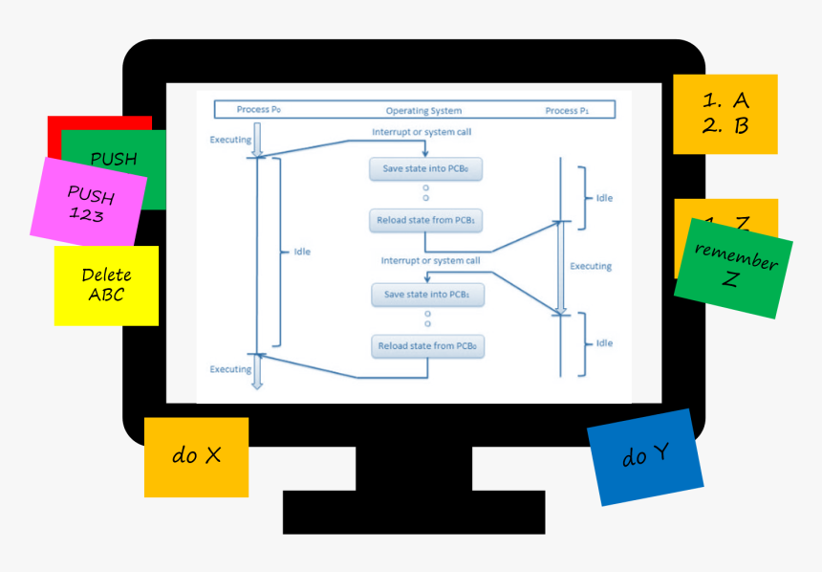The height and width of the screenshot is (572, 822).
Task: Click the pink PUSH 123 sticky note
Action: [88, 202]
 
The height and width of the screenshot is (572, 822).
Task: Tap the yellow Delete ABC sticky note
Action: [106, 285]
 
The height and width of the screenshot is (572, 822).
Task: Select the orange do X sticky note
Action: [196, 456]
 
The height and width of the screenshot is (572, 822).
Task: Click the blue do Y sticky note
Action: [645, 457]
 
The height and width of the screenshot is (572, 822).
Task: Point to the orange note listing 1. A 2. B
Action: [725, 114]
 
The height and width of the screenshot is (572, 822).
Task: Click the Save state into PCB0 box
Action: [426, 169]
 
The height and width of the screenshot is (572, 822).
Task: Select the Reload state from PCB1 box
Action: [426, 220]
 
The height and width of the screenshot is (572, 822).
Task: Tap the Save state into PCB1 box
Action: [426, 295]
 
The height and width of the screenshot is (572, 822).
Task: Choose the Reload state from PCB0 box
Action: [426, 345]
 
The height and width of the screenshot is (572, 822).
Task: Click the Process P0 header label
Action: [258, 110]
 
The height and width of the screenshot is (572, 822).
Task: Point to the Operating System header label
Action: [423, 111]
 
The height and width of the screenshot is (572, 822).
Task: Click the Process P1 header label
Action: [567, 111]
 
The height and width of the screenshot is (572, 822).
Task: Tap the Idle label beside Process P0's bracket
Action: [302, 252]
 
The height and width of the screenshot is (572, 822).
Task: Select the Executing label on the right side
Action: [591, 266]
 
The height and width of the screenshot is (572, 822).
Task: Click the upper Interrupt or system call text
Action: [422, 132]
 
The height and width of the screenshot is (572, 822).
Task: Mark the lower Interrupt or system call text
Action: [430, 260]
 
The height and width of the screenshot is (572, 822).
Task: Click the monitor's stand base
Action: [413, 512]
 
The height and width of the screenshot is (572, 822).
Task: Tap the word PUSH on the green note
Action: [113, 159]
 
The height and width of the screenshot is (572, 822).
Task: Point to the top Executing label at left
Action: [230, 140]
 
